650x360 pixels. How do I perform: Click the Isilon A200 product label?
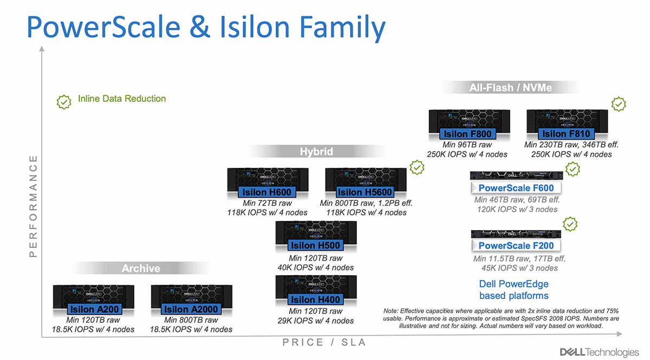click(x=94, y=310)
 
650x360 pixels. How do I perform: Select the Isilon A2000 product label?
click(x=191, y=310)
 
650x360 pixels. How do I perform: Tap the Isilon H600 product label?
click(x=267, y=192)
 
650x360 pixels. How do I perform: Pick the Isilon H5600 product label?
click(x=365, y=192)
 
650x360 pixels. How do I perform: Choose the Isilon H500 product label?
click(x=316, y=246)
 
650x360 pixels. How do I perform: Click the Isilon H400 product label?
click(x=316, y=300)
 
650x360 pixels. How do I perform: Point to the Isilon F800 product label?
click(x=467, y=134)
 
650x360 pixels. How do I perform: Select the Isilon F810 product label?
click(x=566, y=134)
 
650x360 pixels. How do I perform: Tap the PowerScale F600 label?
click(x=516, y=188)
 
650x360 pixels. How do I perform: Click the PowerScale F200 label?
click(x=516, y=246)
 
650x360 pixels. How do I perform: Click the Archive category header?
click(x=141, y=269)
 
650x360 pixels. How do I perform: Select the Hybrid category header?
click(x=317, y=152)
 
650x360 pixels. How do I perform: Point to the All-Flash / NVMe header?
click(x=511, y=88)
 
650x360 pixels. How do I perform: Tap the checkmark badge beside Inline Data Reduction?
click(x=64, y=101)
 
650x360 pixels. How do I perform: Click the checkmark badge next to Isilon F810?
click(x=619, y=104)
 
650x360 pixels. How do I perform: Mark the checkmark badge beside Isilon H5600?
click(x=417, y=168)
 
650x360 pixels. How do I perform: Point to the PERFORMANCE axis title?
click(x=34, y=206)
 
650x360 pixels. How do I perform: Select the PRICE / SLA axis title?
click(x=324, y=342)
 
